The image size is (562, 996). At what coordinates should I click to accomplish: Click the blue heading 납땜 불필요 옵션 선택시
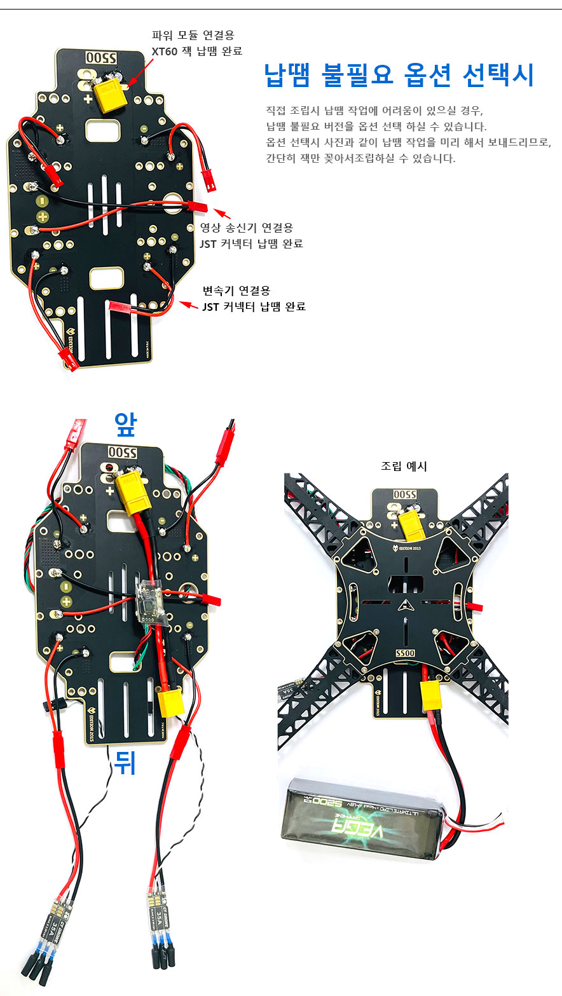click(x=399, y=75)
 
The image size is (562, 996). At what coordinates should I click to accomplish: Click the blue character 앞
click(x=125, y=425)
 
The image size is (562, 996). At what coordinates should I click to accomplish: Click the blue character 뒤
click(x=125, y=763)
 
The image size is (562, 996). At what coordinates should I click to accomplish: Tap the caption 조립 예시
click(x=404, y=466)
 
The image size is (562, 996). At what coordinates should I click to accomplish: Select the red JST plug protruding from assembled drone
click(x=474, y=608)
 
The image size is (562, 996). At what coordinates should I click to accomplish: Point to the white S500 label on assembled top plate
click(x=404, y=653)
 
